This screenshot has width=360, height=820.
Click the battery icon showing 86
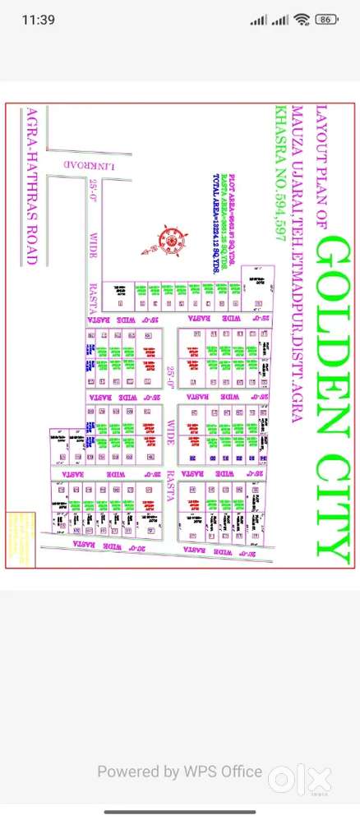(327, 19)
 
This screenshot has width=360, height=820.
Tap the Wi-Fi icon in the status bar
(302, 19)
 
